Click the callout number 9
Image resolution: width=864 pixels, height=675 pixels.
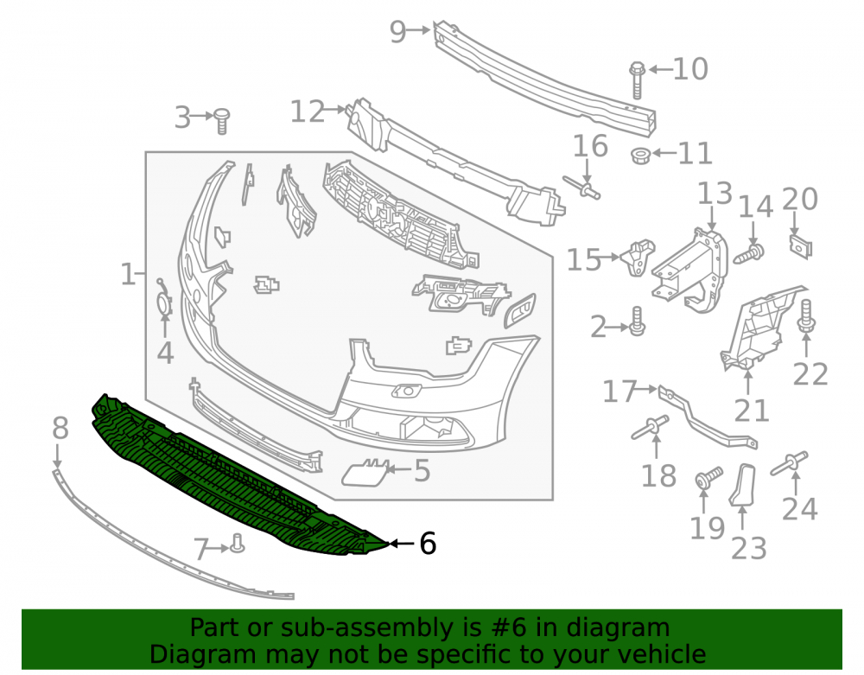[x=397, y=31]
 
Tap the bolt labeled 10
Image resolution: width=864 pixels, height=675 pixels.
[x=637, y=80]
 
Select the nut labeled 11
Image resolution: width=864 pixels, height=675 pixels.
[x=640, y=156]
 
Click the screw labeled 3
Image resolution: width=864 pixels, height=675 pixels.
[x=221, y=121]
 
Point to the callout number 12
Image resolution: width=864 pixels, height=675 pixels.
[x=308, y=111]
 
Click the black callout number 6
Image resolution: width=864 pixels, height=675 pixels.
[x=428, y=544]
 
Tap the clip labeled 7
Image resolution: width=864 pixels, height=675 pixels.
[x=238, y=544]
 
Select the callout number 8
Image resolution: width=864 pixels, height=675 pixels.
[x=60, y=428]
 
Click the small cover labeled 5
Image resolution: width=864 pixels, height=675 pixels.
[x=364, y=474]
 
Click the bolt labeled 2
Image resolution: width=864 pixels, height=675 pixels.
[x=637, y=321]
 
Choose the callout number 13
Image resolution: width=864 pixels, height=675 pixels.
[x=715, y=194]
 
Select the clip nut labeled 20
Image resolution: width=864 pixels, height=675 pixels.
[x=801, y=245]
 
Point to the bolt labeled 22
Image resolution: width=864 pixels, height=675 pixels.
[x=806, y=317]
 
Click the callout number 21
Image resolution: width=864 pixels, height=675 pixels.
[x=751, y=411]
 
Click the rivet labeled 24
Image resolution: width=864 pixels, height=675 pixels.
[x=789, y=463]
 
